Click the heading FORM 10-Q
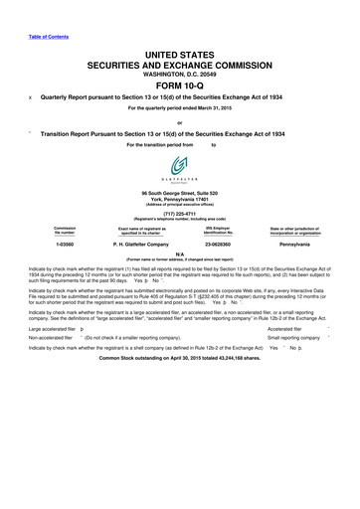(x=179, y=83)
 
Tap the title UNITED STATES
(x=179, y=51)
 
